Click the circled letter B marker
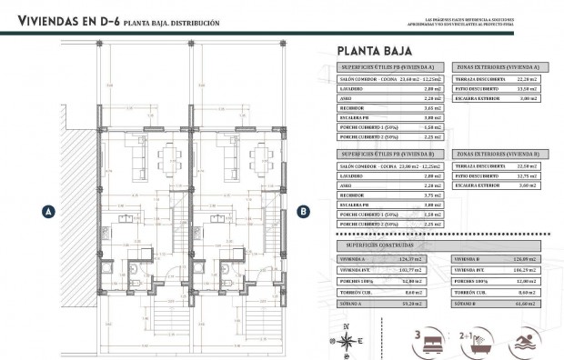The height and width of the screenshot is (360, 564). (303, 211)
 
